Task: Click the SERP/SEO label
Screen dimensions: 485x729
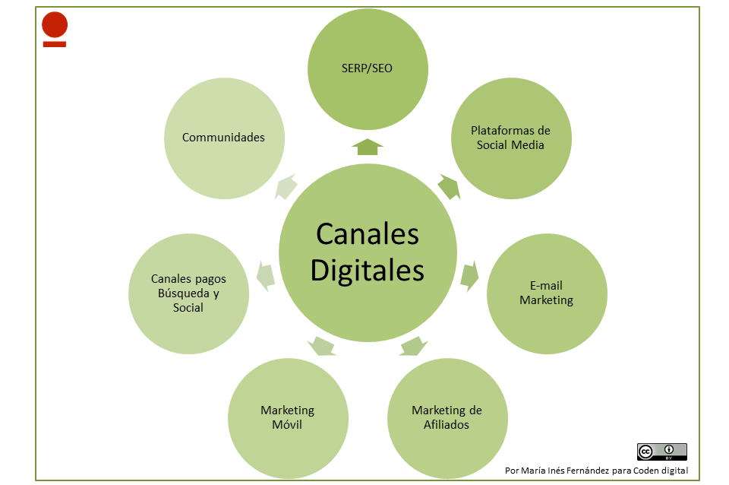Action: tap(367, 68)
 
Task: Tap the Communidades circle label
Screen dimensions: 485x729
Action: tap(223, 138)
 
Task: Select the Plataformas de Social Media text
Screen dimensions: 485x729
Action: tap(510, 138)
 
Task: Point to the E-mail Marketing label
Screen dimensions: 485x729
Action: tap(546, 293)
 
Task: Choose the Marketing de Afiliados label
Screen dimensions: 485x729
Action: tap(447, 417)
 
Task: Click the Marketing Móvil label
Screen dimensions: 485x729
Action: tap(287, 417)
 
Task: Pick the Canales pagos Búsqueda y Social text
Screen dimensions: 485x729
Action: tap(188, 293)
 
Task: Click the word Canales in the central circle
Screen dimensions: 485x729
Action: tap(368, 234)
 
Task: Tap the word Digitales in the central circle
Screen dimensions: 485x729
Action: tap(368, 270)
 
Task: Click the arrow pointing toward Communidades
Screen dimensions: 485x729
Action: tap(286, 187)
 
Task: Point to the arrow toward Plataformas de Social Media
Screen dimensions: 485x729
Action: tap(450, 187)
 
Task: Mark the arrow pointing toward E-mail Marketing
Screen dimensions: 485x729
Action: tap(470, 275)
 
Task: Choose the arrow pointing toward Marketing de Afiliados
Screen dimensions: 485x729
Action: tap(412, 346)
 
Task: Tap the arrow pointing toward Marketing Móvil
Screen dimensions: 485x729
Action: tap(322, 346)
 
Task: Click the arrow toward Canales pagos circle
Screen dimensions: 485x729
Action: tap(265, 274)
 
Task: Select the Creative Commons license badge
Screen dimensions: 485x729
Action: tap(661, 452)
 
